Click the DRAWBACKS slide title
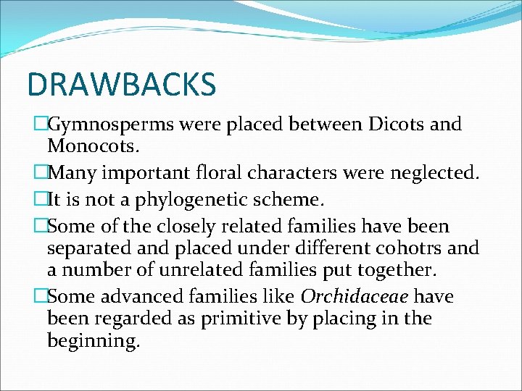pyautogui.click(x=122, y=85)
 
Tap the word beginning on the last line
pyautogui.click(x=93, y=340)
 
